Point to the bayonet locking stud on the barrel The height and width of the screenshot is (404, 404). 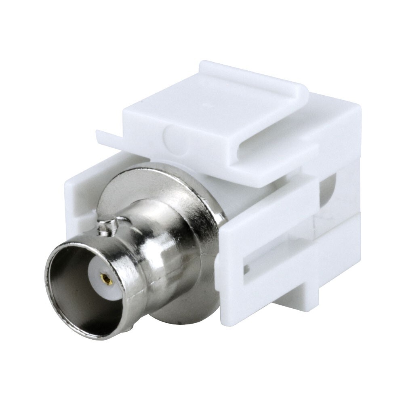pos(106,227)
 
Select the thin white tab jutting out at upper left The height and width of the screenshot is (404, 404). pos(106,137)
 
